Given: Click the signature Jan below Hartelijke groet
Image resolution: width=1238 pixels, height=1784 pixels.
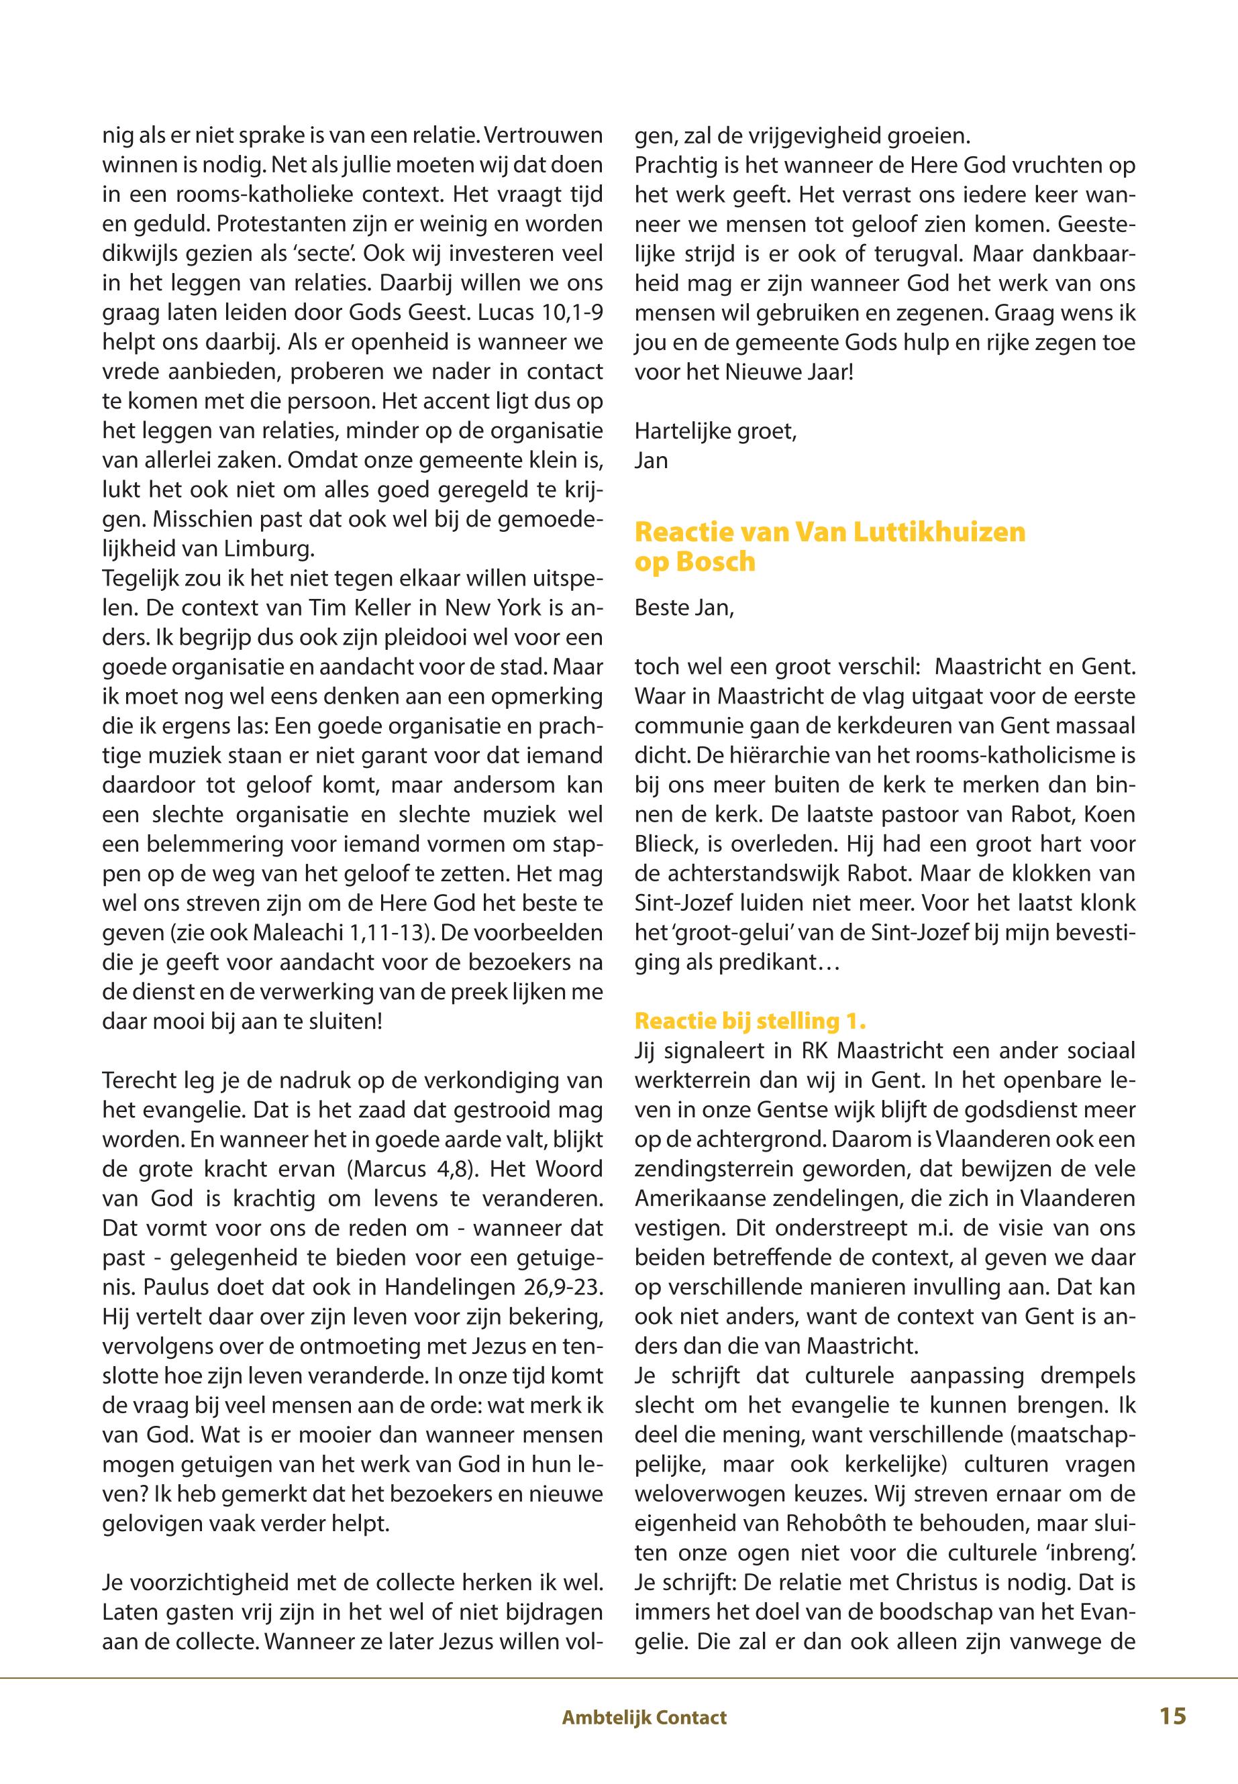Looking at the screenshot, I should (651, 461).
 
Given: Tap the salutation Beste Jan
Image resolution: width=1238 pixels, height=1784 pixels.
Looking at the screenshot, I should (683, 607).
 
